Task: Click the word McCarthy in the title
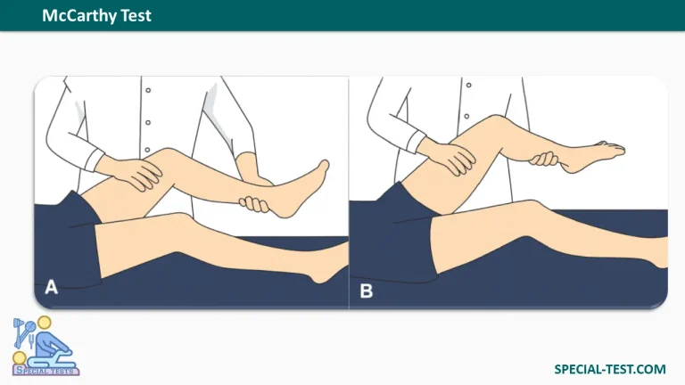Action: [x=79, y=16]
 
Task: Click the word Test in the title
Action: [x=136, y=15]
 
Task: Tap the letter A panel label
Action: [x=51, y=287]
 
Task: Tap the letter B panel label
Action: [x=366, y=291]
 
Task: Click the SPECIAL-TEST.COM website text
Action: [x=610, y=369]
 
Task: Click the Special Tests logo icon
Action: [x=45, y=346]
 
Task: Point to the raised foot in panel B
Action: [x=593, y=155]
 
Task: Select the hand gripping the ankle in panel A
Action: [x=255, y=204]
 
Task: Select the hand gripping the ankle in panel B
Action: [x=544, y=159]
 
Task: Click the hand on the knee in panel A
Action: [x=131, y=172]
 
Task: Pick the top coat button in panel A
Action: [x=149, y=90]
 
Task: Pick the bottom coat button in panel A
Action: [x=148, y=150]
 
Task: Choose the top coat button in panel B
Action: [x=469, y=86]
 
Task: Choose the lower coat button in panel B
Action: [x=467, y=117]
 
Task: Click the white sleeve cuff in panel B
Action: [x=416, y=142]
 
